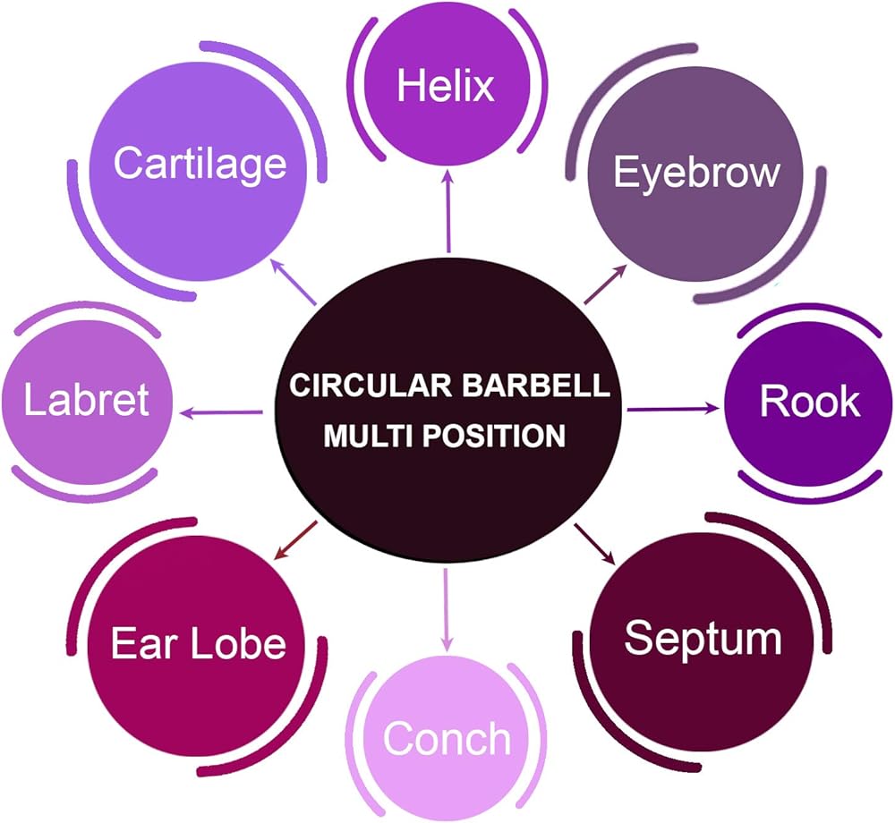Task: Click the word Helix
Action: pyautogui.click(x=446, y=87)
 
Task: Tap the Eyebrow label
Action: pyautogui.click(x=695, y=173)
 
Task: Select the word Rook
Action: pyautogui.click(x=809, y=402)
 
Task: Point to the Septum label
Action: pyautogui.click(x=703, y=639)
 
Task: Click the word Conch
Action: pyautogui.click(x=447, y=739)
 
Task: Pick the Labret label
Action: pyautogui.click(x=86, y=400)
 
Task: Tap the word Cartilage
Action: pyautogui.click(x=200, y=164)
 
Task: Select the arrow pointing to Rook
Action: pyautogui.click(x=673, y=410)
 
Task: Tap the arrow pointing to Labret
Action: pyautogui.click(x=222, y=411)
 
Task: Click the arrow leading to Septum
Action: pyautogui.click(x=594, y=543)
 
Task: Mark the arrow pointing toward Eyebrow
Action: pyautogui.click(x=604, y=284)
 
